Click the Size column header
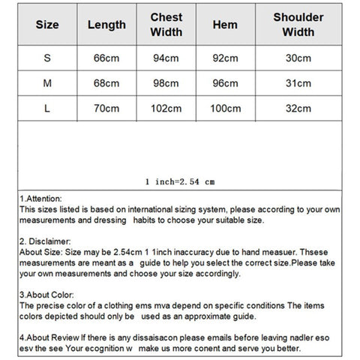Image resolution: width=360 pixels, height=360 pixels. [47, 24]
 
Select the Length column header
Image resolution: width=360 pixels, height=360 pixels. [106, 24]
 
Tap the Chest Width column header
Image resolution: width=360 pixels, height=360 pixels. [166, 24]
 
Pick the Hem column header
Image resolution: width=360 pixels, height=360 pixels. [225, 24]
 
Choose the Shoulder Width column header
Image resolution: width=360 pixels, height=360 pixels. [298, 24]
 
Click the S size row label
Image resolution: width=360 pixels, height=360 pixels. [47, 58]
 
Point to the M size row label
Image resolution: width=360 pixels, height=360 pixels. [47, 82]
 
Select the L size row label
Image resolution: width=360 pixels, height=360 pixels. [47, 108]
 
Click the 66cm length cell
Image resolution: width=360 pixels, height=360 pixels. [106, 58]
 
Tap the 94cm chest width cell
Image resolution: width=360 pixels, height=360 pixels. [166, 58]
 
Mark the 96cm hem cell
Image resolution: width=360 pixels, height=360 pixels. [225, 82]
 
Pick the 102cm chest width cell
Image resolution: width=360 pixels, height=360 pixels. [166, 108]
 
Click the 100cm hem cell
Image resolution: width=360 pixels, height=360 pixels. [225, 108]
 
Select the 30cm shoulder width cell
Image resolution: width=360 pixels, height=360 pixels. [298, 58]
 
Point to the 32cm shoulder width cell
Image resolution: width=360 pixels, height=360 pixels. [298, 108]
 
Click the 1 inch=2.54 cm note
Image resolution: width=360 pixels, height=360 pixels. [179, 181]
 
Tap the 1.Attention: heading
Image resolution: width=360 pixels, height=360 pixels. [42, 198]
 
